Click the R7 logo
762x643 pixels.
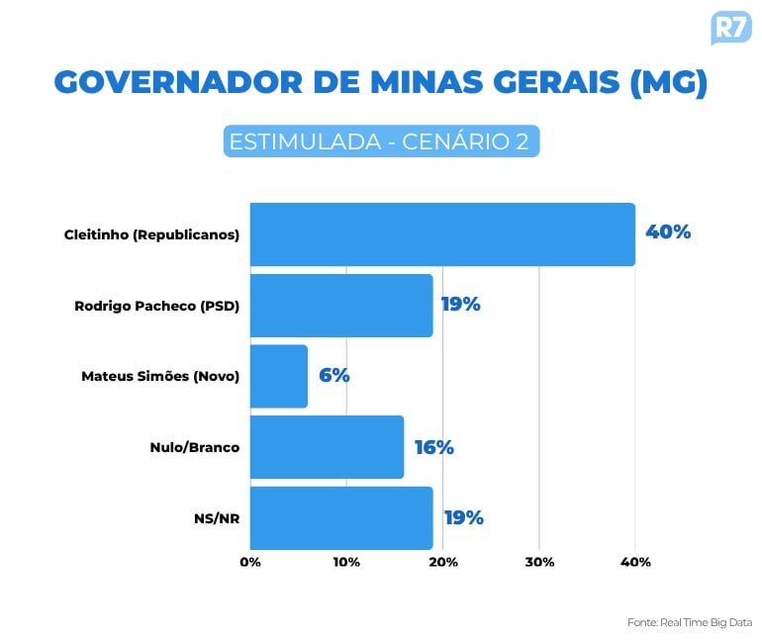[730, 27]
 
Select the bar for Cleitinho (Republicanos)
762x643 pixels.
[441, 234]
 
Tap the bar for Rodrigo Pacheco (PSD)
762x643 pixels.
[340, 305]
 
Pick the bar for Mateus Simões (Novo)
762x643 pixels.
[278, 376]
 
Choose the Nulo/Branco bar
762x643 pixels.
[327, 447]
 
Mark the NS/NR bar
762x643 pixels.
[340, 517]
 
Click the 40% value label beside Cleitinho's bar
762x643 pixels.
[668, 232]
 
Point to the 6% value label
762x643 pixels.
[334, 376]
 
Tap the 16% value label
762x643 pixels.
[433, 447]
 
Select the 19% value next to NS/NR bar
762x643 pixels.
[463, 517]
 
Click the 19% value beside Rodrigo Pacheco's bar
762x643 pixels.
[461, 305]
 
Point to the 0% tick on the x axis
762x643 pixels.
[250, 562]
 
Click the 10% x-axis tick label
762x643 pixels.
[346, 562]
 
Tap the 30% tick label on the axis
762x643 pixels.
[538, 562]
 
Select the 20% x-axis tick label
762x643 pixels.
[442, 562]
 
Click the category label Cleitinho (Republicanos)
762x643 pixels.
[151, 234]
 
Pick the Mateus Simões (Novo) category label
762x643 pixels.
[160, 376]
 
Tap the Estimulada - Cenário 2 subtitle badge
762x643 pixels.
[381, 140]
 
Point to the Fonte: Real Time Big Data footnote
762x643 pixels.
[689, 622]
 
